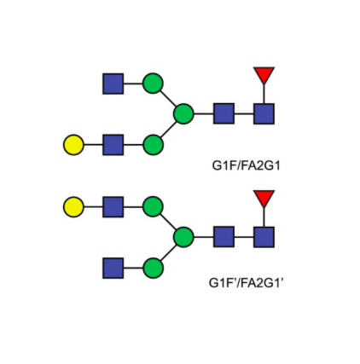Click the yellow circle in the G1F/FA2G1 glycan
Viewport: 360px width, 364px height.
pos(73,145)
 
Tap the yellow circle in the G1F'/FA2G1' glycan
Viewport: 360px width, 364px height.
pos(73,206)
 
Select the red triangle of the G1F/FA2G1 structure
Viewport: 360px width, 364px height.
pos(264,75)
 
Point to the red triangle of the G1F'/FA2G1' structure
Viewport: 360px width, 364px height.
pos(264,198)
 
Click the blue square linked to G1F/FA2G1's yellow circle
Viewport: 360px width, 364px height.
pos(113,145)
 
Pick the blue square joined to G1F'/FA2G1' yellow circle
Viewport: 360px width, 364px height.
pos(113,206)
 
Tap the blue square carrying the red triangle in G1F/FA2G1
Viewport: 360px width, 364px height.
pos(264,113)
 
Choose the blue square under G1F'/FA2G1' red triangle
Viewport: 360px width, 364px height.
pos(264,237)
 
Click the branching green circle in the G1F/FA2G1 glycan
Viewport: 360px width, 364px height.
pos(183,113)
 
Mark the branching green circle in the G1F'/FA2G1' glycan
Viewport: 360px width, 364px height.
pos(183,237)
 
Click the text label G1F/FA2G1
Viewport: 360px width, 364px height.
pos(247,165)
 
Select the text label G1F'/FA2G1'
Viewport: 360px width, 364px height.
pos(247,283)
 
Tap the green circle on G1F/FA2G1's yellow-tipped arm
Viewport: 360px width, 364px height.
pos(153,145)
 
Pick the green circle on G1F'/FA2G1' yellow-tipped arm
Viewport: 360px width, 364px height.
pos(153,206)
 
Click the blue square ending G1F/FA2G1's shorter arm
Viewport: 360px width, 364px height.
pos(113,84)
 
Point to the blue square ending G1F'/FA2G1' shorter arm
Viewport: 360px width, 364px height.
pos(113,268)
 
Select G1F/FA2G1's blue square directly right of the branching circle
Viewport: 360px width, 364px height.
pos(224,113)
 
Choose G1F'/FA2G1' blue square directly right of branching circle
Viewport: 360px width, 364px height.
pos(224,237)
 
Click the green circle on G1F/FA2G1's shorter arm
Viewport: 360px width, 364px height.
pos(153,84)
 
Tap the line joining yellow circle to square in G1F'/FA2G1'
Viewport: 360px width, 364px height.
pos(93,206)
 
